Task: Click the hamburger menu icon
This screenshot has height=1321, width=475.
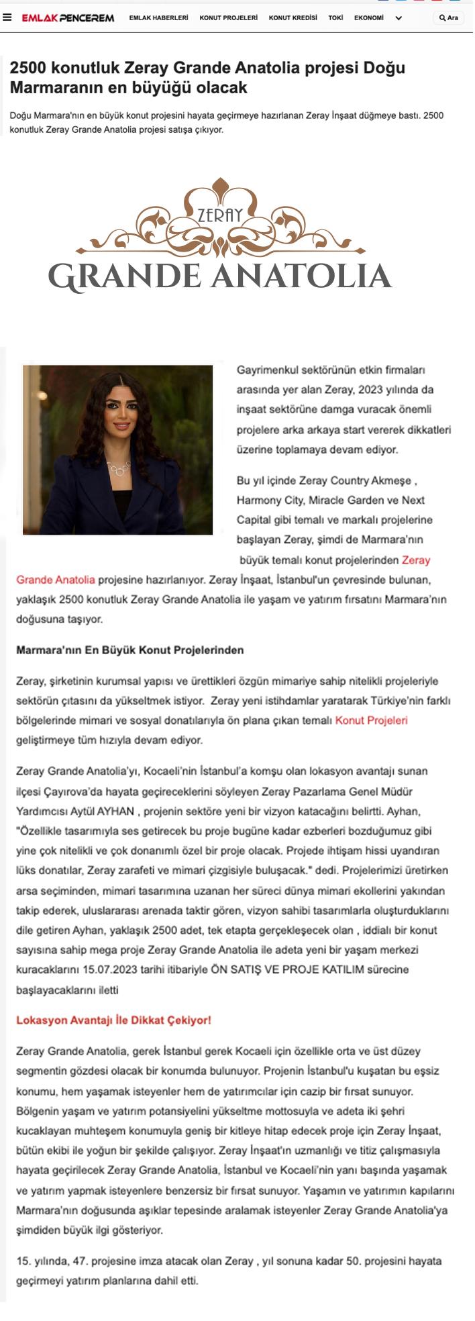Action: [x=7, y=18]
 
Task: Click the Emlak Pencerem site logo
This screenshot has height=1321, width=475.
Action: [x=68, y=18]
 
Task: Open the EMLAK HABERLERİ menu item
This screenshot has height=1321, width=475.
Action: [x=158, y=18]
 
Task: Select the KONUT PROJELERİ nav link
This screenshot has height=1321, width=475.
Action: [x=228, y=18]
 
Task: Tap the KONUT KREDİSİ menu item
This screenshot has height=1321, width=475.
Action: [x=293, y=18]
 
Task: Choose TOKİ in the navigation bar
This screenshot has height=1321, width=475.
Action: [x=335, y=18]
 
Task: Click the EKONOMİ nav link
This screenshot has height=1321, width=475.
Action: [x=369, y=18]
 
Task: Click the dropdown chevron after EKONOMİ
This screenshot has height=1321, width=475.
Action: [x=399, y=19]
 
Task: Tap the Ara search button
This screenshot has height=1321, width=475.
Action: [x=449, y=18]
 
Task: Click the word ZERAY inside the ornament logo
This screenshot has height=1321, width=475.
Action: [x=220, y=215]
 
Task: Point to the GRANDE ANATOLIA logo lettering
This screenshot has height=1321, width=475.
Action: [x=220, y=276]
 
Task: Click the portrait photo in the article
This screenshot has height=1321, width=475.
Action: [x=117, y=450]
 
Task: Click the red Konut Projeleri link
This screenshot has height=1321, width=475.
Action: [x=371, y=721]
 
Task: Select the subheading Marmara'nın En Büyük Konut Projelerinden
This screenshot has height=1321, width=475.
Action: [x=130, y=650]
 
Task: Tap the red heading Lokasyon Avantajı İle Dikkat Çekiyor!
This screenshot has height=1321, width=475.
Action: [x=113, y=1020]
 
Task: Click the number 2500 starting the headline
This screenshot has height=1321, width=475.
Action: [x=24, y=68]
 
